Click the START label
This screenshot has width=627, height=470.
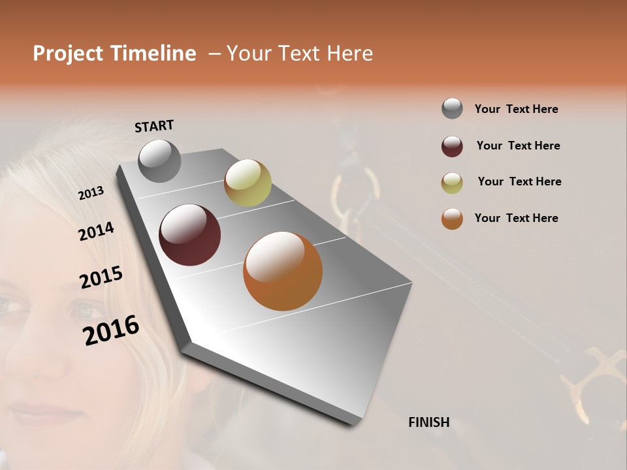[154, 126]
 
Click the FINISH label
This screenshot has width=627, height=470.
[428, 422]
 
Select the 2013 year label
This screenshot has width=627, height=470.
[91, 193]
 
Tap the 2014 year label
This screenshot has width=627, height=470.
[96, 232]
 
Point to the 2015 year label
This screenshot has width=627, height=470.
[101, 277]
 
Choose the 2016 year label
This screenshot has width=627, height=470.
[111, 330]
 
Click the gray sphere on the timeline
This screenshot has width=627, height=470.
[160, 161]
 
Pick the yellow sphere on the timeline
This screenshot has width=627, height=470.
[248, 182]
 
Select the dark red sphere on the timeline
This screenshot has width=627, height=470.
[190, 234]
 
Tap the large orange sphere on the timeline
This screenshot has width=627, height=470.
[283, 270]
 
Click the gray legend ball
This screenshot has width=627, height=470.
[452, 108]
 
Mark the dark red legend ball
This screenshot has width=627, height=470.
[452, 146]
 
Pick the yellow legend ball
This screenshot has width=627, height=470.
[452, 183]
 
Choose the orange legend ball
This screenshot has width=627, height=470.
[452, 219]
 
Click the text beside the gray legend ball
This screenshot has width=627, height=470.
[516, 109]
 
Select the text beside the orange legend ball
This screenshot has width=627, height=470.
[516, 218]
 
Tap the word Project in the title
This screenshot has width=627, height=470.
[68, 54]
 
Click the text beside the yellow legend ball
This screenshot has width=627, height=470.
[519, 181]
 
